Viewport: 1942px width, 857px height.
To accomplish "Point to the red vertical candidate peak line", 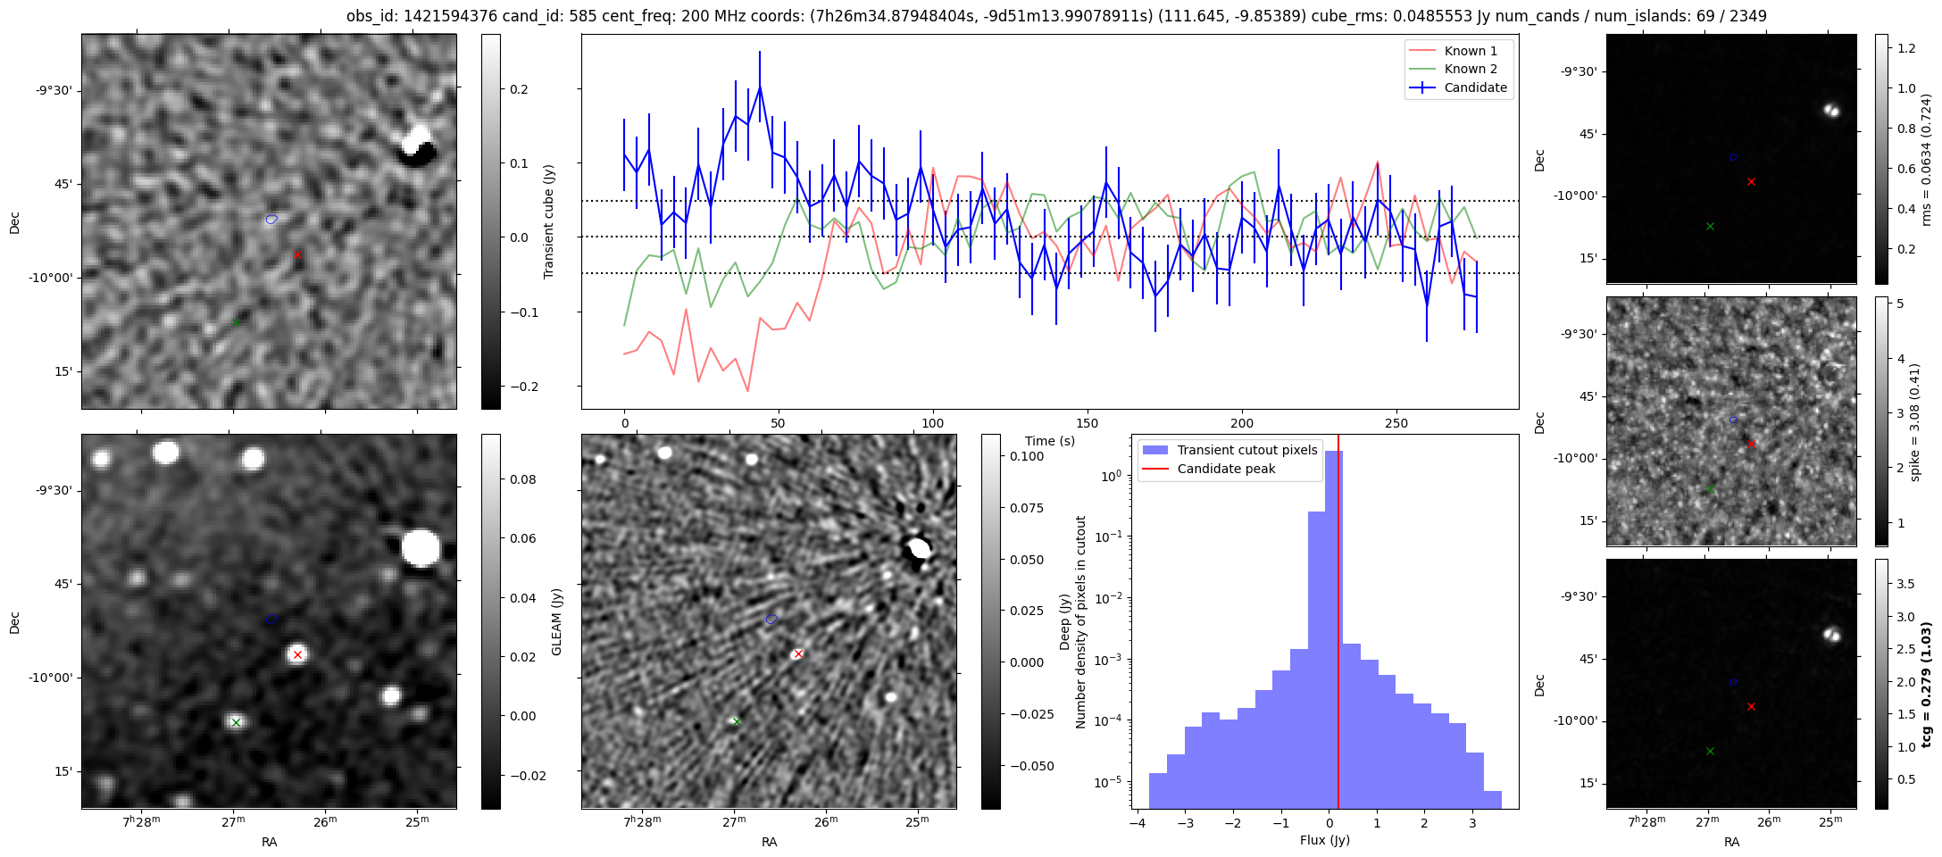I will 1338,625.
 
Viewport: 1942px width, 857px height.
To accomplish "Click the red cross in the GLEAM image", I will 297,654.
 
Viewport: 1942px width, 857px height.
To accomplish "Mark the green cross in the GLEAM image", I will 236,722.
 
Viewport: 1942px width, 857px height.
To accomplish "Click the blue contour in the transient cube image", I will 271,219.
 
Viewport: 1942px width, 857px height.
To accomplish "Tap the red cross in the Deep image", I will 798,653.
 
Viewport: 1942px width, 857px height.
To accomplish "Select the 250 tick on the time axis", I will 1396,423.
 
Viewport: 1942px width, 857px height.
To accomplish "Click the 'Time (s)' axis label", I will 1049,441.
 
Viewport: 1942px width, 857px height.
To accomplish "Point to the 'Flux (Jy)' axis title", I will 1325,840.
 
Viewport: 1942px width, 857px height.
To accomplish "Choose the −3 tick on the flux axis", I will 1185,823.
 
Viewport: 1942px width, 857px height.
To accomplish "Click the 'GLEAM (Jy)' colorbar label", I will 556,621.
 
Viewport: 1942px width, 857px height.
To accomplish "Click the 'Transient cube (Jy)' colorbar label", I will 549,221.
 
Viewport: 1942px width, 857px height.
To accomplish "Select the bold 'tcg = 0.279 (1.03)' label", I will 1927,684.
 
